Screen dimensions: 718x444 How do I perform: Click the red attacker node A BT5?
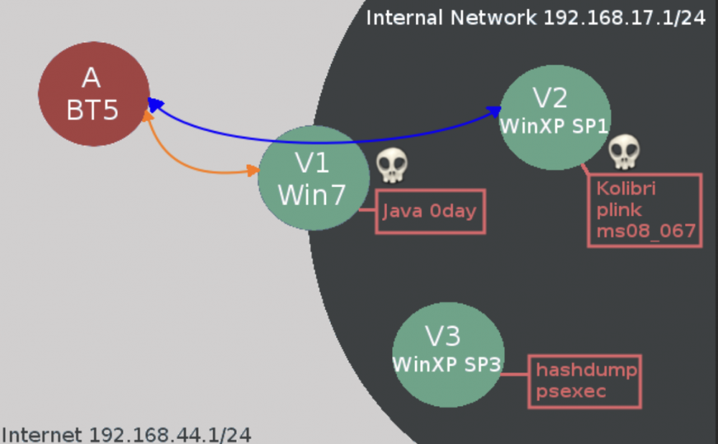[x=94, y=94]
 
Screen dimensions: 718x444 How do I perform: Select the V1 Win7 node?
[x=314, y=178]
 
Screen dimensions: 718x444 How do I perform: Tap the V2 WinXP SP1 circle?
[x=554, y=118]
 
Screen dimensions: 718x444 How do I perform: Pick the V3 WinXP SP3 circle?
[x=448, y=355]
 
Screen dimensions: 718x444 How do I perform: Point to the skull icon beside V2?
[x=624, y=151]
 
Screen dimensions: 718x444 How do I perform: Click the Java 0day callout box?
[x=430, y=212]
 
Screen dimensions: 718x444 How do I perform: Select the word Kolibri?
[x=626, y=189]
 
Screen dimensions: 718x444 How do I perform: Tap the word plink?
[x=619, y=210]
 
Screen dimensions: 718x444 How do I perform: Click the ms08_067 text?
[x=646, y=232]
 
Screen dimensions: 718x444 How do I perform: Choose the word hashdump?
[x=586, y=369]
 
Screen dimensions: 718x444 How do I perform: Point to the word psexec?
[x=571, y=392]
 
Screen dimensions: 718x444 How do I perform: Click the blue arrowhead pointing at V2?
[x=494, y=111]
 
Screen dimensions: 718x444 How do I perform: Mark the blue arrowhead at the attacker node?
[x=155, y=104]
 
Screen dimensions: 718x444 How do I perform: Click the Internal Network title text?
[x=451, y=18]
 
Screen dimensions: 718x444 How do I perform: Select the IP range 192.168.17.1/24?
[x=624, y=18]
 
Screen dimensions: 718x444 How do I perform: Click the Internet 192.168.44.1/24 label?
[x=126, y=435]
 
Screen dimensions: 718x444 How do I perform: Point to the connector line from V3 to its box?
[x=515, y=374]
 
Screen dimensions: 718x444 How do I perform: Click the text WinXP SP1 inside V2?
[x=554, y=126]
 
